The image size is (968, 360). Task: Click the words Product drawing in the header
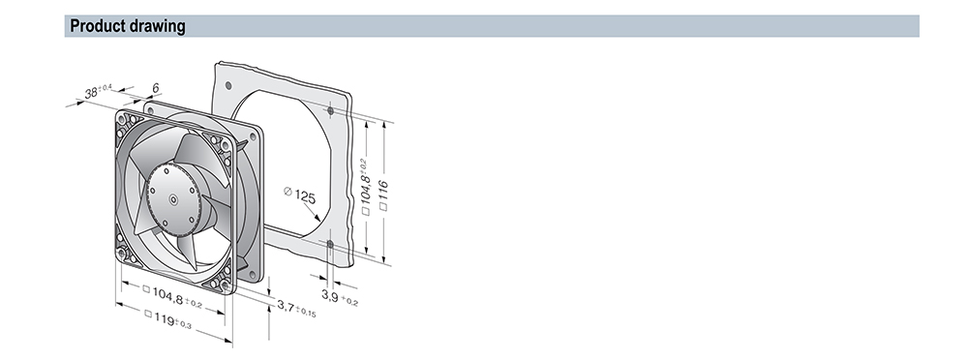[x=128, y=26]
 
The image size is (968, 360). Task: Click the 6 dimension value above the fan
[x=156, y=88]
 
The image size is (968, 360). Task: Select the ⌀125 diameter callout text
[x=299, y=195]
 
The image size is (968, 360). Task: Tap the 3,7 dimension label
[x=296, y=308]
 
